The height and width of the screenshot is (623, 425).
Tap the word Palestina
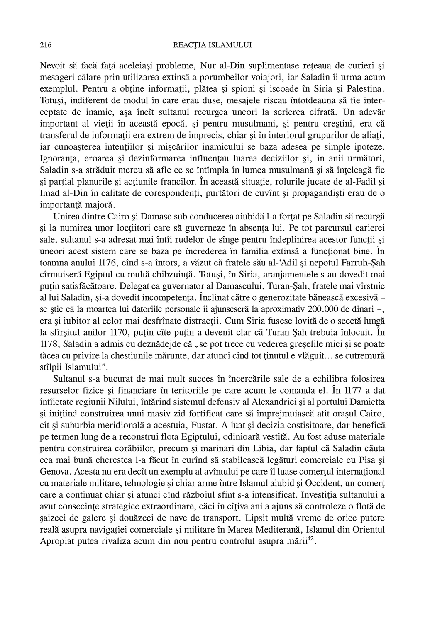tap(362, 89)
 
